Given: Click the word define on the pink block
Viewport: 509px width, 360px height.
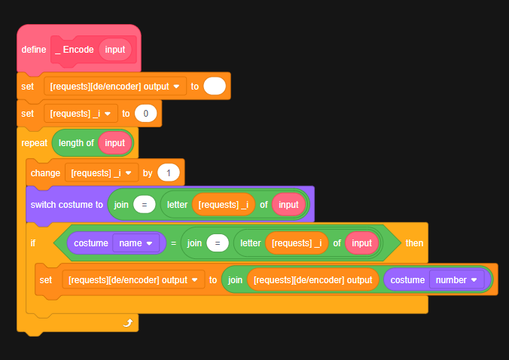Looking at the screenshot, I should click(34, 50).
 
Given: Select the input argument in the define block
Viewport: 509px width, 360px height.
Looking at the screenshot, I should click(115, 50).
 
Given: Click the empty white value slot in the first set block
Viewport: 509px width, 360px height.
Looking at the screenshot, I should click(215, 87).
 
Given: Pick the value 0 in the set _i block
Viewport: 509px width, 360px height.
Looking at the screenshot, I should click(145, 114).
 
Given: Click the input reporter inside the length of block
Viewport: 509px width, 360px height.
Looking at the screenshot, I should click(115, 142).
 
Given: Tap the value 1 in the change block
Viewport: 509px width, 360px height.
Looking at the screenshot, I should click(169, 173).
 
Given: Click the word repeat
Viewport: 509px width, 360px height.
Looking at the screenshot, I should click(35, 142).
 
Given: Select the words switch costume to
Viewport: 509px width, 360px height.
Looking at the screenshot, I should click(66, 205).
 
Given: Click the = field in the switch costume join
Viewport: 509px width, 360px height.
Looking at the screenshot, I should click(144, 205).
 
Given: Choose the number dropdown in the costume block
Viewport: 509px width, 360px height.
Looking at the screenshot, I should click(456, 279).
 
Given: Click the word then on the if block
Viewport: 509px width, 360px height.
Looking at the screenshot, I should click(414, 243).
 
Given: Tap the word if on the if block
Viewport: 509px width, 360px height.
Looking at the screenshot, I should click(33, 243).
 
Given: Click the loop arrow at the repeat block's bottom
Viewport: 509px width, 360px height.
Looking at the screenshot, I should click(127, 322).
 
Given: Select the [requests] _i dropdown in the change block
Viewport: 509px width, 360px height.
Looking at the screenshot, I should click(101, 173).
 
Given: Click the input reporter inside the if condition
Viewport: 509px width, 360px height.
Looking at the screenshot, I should click(362, 243).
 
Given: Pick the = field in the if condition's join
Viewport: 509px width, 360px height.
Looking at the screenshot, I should click(218, 243).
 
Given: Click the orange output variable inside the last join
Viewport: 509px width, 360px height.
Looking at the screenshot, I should click(313, 279).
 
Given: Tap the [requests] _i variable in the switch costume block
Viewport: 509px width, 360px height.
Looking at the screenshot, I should click(223, 205).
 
